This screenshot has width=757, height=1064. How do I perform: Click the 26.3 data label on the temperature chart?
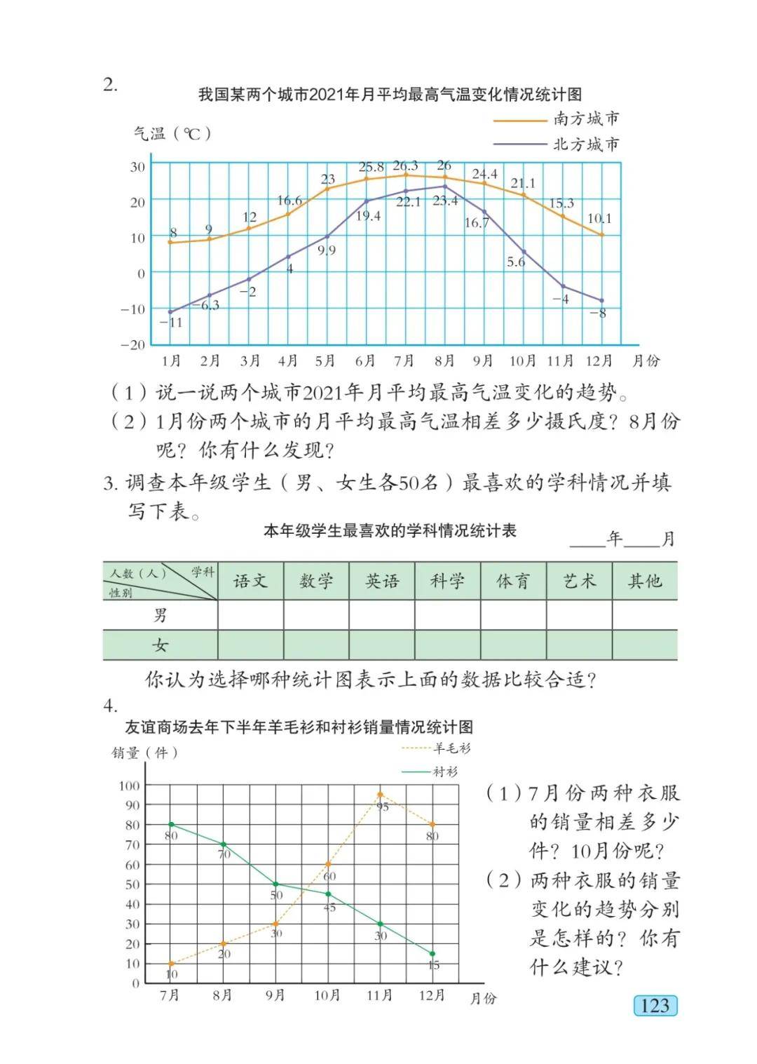405,166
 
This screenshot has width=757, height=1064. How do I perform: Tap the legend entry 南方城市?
586,119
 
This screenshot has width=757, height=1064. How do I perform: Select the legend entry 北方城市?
586,144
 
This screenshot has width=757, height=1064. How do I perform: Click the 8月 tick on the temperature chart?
444,361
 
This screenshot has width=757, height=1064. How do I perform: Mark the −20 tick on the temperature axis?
132,345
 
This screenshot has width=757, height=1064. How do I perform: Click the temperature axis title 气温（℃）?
172,133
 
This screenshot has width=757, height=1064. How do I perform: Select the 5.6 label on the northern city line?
516,262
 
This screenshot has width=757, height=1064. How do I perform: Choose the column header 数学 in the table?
316,581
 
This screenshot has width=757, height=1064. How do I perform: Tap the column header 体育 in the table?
513,581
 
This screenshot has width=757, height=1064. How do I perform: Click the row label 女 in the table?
161,645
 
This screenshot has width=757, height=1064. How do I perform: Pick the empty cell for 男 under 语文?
250,615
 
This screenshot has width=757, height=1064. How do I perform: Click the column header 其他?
645,581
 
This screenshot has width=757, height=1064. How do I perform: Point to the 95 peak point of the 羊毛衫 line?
380,795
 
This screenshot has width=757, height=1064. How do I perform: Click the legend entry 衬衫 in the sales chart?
445,772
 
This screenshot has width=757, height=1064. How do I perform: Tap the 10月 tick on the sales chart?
327,995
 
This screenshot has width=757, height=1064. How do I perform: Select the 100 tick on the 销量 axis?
130,786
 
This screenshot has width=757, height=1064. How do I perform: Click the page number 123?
655,1006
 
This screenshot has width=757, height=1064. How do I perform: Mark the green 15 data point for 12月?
432,954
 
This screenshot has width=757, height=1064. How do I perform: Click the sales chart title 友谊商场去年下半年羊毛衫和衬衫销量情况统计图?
299,727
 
